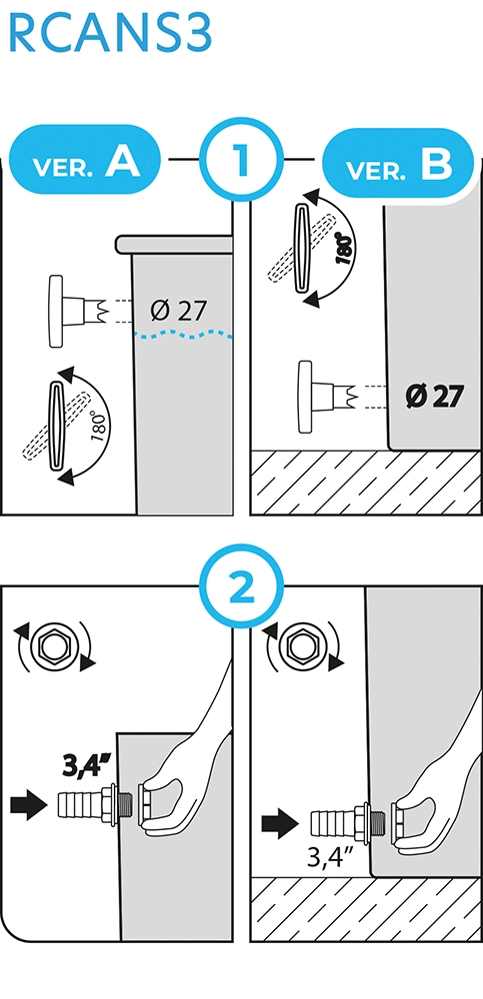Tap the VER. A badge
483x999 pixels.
(85, 159)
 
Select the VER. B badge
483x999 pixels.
(399, 163)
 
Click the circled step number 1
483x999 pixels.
(241, 159)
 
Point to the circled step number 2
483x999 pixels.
(241, 585)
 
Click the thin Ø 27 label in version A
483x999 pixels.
(179, 311)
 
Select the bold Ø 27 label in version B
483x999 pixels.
(433, 397)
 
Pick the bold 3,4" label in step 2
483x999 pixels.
(87, 765)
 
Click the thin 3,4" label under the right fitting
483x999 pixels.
(331, 857)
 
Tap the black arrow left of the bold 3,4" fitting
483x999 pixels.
(29, 805)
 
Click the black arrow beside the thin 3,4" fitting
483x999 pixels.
(280, 824)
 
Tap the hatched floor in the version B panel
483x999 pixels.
(365, 483)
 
